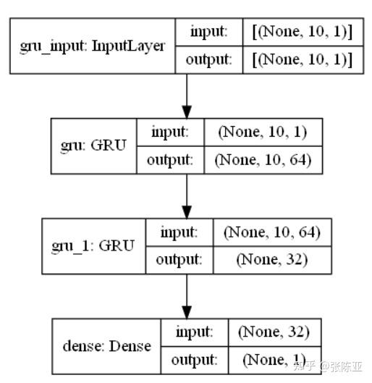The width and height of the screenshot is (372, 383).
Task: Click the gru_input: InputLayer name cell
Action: [x=92, y=46]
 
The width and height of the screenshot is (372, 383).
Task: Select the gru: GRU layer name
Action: [x=93, y=145]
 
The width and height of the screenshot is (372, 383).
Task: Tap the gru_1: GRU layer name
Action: [x=93, y=245]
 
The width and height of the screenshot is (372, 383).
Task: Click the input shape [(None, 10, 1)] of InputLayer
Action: [x=302, y=32]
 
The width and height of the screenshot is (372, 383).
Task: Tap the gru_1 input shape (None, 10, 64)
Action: [x=272, y=232]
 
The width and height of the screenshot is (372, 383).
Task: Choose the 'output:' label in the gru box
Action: [x=170, y=160]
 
